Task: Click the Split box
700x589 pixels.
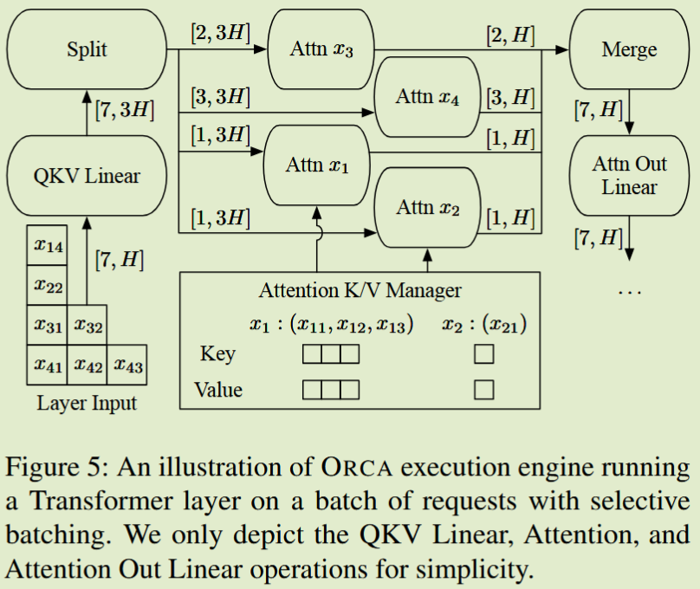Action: (87, 49)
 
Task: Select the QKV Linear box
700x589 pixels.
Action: (87, 177)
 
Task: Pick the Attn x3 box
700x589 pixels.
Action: (321, 49)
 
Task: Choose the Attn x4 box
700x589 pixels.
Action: (427, 97)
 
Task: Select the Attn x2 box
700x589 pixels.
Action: (427, 208)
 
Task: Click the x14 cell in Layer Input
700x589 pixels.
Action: (47, 245)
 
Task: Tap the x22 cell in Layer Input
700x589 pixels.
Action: (47, 285)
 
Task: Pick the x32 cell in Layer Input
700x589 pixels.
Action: (87, 325)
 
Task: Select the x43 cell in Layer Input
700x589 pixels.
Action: (126, 365)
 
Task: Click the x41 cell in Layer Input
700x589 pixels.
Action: (47, 365)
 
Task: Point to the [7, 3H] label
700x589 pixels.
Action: (123, 110)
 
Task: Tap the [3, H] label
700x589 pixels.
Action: (510, 97)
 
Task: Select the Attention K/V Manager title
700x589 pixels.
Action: (360, 290)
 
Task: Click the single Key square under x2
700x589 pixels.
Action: (484, 354)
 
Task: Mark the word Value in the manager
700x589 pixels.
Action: (217, 390)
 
